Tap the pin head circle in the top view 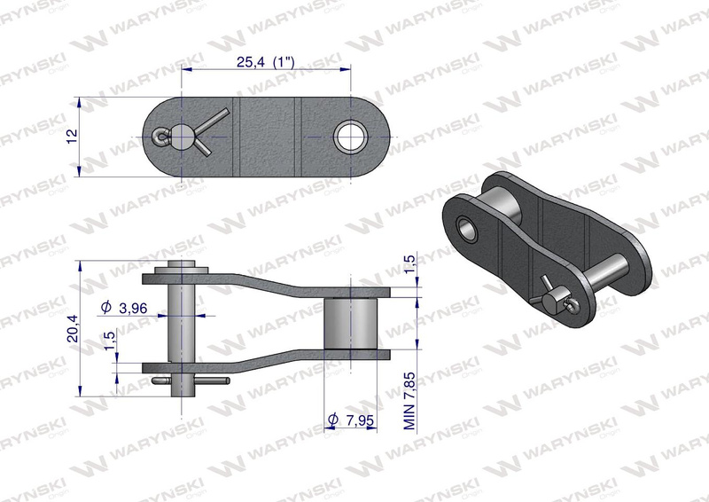pos(181,137)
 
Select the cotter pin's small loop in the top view pos(160,138)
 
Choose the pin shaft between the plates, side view pos(181,319)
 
